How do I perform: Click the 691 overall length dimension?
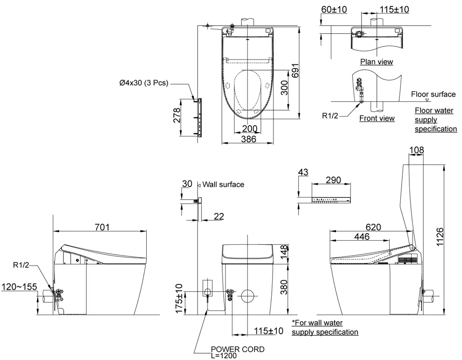tap(296, 71)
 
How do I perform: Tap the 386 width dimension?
tap(248, 139)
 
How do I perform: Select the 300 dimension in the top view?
tap(284, 88)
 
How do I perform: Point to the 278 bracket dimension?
tap(177, 115)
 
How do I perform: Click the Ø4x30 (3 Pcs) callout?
tap(144, 83)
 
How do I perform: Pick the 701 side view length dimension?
tap(102, 227)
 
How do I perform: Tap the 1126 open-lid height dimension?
tap(440, 237)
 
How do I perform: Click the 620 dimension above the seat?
tap(373, 227)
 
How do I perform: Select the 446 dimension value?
tap(362, 236)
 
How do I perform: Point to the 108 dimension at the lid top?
tap(417, 150)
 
